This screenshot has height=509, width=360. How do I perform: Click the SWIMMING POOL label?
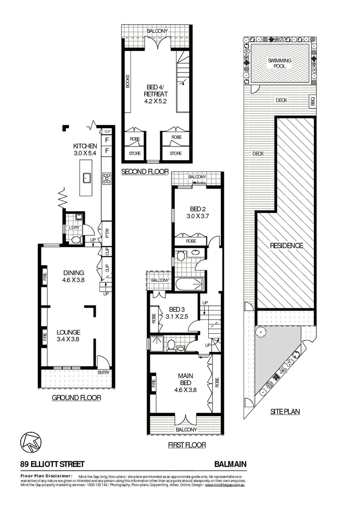coord(279,64)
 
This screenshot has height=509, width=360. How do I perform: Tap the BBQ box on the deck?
coord(312,101)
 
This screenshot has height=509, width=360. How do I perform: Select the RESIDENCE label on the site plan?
coord(286,246)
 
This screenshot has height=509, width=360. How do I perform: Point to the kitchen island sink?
coord(87,178)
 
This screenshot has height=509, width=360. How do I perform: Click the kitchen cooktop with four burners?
coord(106,178)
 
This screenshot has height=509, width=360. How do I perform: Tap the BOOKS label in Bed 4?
coord(127,81)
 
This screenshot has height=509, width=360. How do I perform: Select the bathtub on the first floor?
coord(189,284)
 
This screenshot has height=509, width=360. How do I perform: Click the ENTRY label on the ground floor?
coord(103,373)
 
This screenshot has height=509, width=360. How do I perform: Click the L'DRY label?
coord(74,228)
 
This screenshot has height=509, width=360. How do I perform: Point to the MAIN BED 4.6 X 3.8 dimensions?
coord(184,389)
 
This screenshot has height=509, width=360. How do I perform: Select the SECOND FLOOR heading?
coord(145,172)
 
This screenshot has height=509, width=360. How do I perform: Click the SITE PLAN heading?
coord(285,411)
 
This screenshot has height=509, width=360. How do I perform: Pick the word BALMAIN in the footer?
coord(230,464)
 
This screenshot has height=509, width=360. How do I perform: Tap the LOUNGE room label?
coord(68,332)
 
